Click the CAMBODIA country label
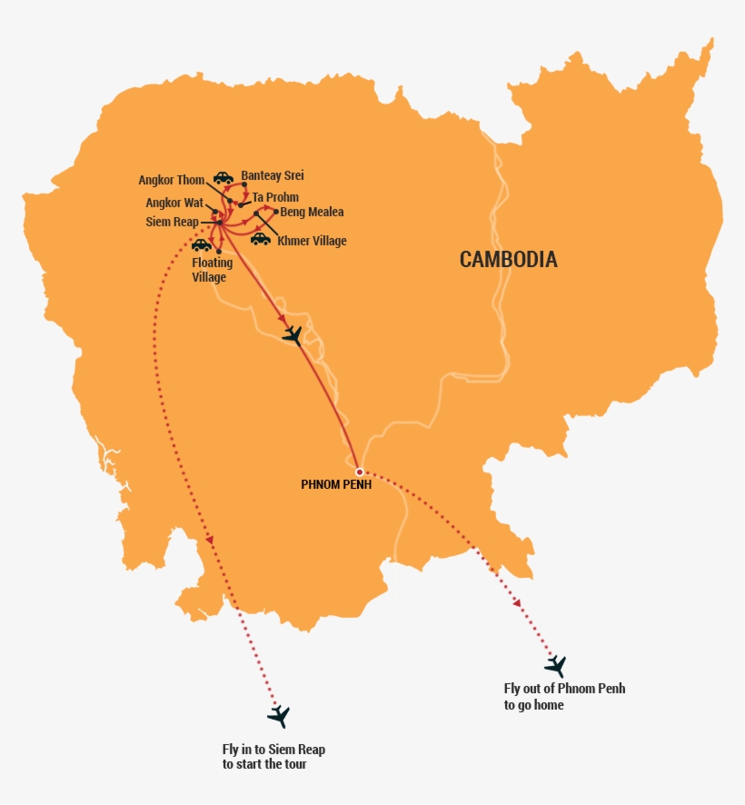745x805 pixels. coord(508,260)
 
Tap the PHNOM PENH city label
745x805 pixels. coord(336,485)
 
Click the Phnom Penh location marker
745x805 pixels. coord(360,472)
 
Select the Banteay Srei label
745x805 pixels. coord(273,176)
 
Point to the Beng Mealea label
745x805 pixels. coord(312,213)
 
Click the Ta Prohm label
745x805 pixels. coord(275,197)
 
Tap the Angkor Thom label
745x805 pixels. coord(172,180)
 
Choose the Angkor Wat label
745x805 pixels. coord(174,204)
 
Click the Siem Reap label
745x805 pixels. coord(172,222)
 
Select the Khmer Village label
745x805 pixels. coord(312,241)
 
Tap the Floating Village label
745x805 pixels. coord(212,270)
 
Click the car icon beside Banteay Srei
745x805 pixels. coord(223,177)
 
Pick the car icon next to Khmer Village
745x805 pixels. coord(261,239)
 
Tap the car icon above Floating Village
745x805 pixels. coord(201,245)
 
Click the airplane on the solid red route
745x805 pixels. coord(292,335)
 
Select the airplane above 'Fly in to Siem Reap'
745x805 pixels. coord(278,716)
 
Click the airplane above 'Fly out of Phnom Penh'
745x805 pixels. coord(554,666)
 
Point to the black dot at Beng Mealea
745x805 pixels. coord(275,212)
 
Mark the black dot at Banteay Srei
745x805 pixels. coord(244,185)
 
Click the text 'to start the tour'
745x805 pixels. coord(264,764)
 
